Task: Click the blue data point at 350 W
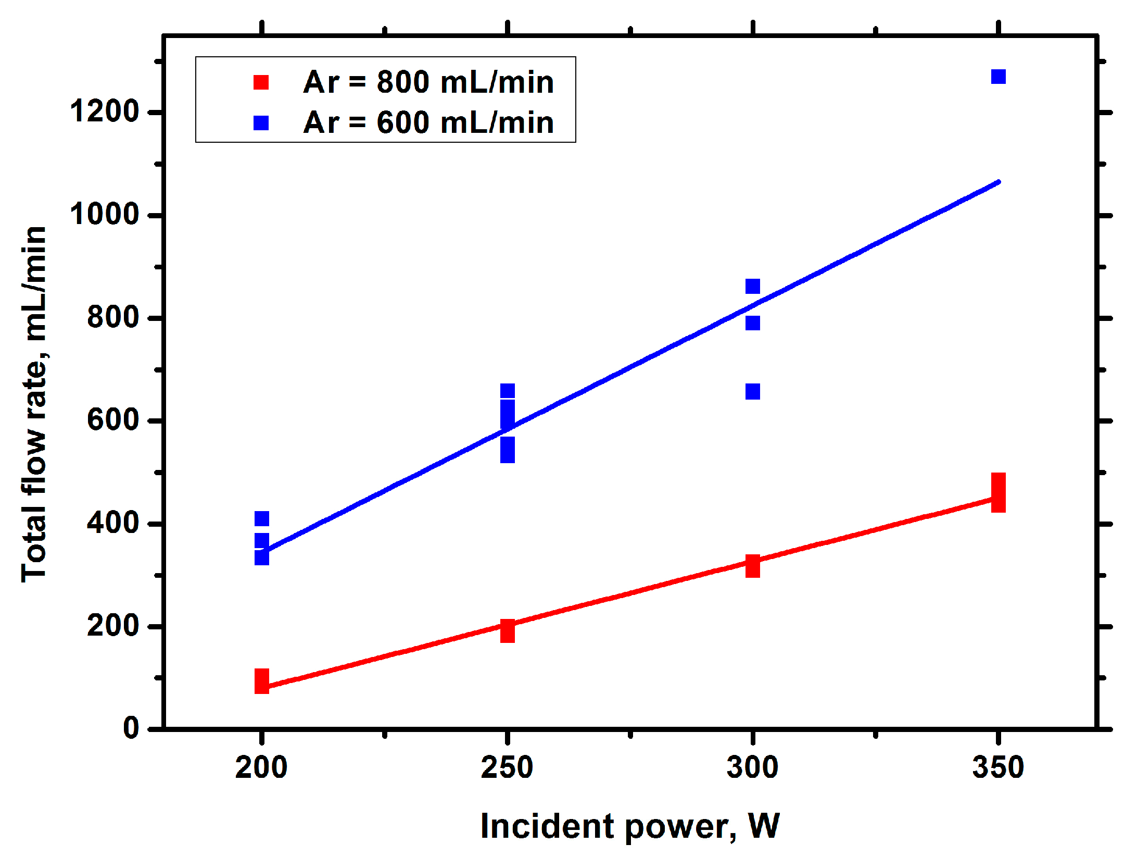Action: (x=998, y=77)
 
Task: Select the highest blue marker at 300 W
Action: (x=752, y=286)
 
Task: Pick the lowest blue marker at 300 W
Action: (x=752, y=391)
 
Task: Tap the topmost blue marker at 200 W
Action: (x=262, y=518)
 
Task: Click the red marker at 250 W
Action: (x=508, y=630)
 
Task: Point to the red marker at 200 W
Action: (x=262, y=681)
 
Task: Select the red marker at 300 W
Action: (x=752, y=566)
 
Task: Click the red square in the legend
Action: (x=261, y=82)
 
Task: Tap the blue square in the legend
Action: (x=261, y=123)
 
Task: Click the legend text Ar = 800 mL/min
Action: (x=428, y=82)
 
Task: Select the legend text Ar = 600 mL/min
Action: (x=428, y=123)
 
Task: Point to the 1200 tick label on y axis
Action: (x=105, y=111)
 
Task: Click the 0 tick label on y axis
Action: (x=131, y=728)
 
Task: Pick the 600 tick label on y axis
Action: (x=113, y=420)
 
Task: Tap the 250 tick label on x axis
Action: (x=507, y=767)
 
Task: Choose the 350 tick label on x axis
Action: (x=997, y=767)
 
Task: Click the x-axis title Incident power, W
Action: (x=629, y=826)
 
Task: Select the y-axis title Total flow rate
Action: (x=34, y=404)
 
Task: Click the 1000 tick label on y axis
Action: (x=105, y=214)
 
